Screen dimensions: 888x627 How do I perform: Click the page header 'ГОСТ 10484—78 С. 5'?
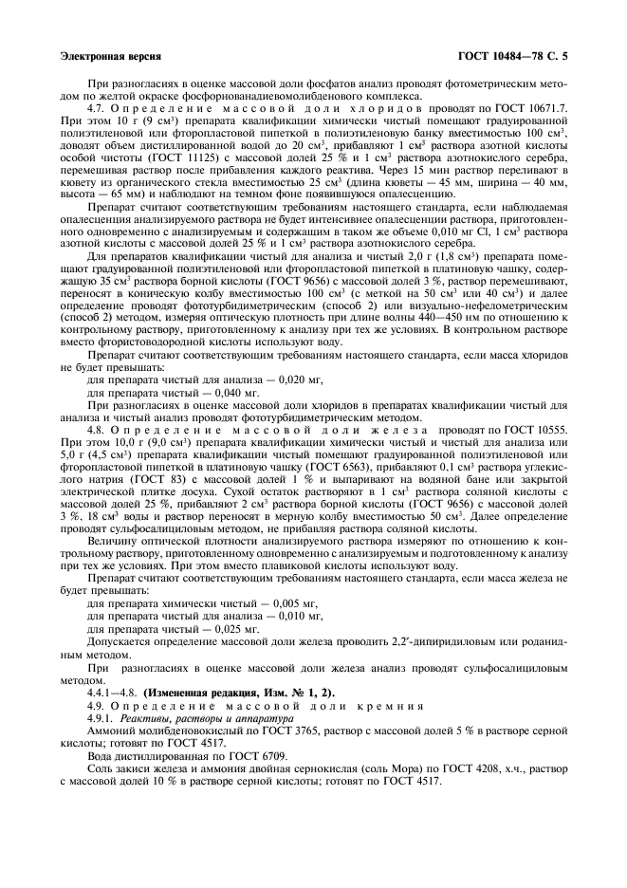coord(513,57)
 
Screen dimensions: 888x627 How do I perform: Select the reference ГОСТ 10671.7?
coord(534,110)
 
